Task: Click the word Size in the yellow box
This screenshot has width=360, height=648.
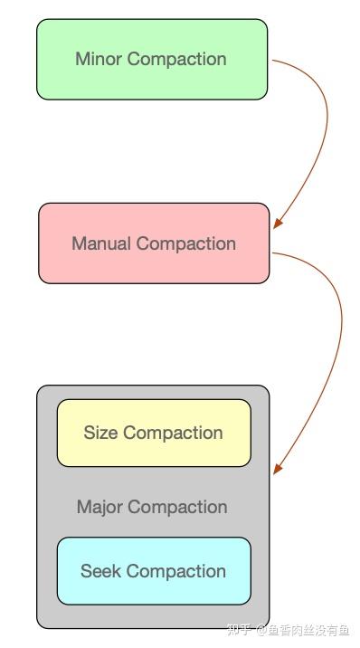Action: click(x=100, y=433)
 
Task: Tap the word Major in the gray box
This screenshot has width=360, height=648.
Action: click(x=99, y=507)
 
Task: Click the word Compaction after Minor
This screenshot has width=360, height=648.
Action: click(x=176, y=60)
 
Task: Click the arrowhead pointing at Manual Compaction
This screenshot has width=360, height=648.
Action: click(x=279, y=222)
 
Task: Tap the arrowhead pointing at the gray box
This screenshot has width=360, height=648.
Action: click(x=279, y=468)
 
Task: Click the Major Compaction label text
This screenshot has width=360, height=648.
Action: click(x=152, y=507)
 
